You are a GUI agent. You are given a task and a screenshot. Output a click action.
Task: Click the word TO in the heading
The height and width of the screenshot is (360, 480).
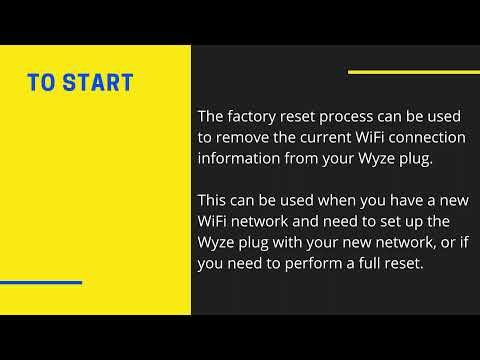[41, 82]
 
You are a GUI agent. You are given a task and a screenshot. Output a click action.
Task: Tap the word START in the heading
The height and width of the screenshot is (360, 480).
[97, 82]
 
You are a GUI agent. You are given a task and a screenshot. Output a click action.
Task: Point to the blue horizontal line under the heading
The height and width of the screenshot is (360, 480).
[41, 282]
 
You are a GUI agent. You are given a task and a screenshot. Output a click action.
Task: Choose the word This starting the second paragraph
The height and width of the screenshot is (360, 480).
[213, 199]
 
